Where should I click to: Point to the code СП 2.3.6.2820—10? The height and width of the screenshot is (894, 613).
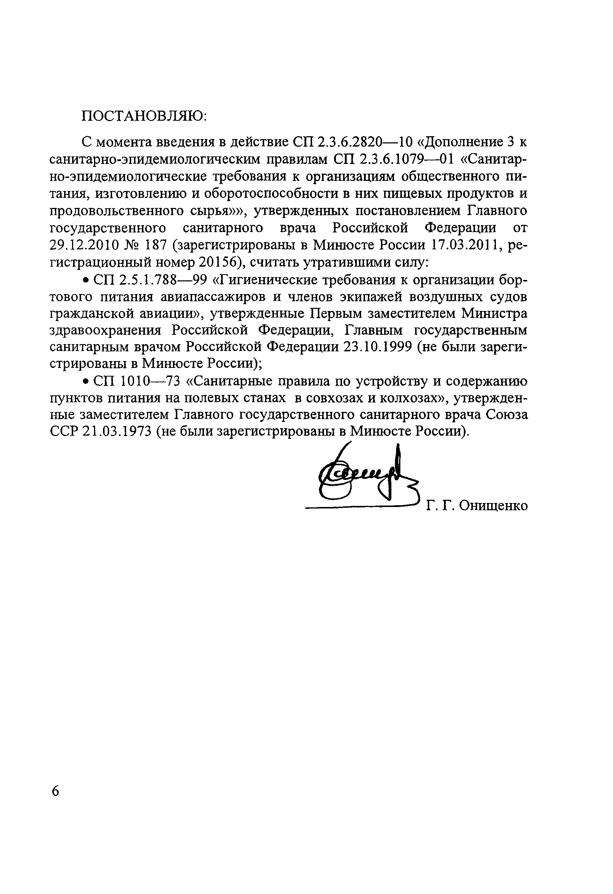click(353, 142)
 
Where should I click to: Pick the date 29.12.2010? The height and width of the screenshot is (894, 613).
click(83, 245)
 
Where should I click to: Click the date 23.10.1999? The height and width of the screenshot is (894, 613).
click(377, 347)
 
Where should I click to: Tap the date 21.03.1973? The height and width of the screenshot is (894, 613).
click(115, 431)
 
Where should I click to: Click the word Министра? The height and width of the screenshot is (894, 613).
click(494, 313)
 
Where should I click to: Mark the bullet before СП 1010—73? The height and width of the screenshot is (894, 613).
click(86, 381)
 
